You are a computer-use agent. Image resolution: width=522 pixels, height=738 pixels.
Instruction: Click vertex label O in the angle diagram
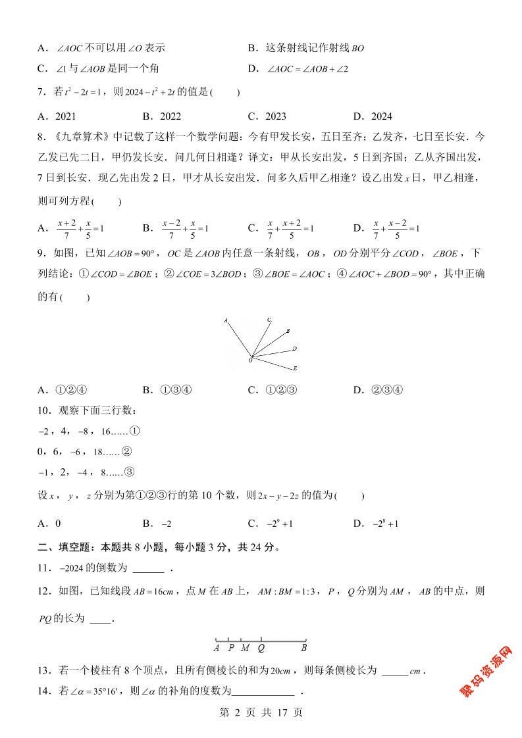click(x=249, y=360)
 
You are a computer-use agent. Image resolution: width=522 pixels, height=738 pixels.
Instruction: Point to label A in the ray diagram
click(x=225, y=321)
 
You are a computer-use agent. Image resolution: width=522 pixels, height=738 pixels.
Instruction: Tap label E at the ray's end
click(x=295, y=368)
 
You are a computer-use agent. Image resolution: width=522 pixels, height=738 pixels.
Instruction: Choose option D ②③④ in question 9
click(x=386, y=389)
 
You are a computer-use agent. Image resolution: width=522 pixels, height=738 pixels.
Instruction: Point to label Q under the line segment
click(x=261, y=647)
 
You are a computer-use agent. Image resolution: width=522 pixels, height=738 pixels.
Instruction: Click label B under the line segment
click(x=304, y=647)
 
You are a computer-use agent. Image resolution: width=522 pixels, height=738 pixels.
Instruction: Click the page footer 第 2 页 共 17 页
click(x=261, y=712)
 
